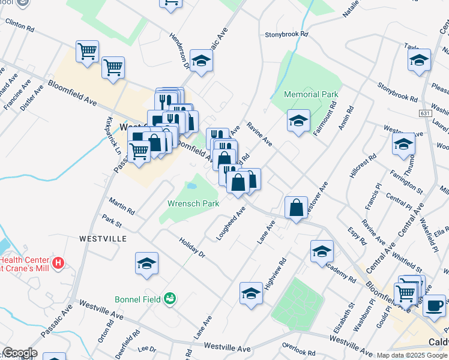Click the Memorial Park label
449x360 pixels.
pyautogui.click(x=312, y=94)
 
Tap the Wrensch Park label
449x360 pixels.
pyautogui.click(x=193, y=203)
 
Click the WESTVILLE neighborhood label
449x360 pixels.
pyautogui.click(x=103, y=238)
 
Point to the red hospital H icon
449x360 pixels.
pyautogui.click(x=58, y=262)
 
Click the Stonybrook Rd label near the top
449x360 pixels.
pyautogui.click(x=286, y=35)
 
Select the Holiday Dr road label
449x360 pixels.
pyautogui.click(x=192, y=247)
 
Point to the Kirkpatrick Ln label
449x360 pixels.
pyautogui.click(x=110, y=137)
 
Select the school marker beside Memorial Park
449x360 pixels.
pyautogui.click(x=298, y=121)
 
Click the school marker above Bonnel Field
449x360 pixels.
pyautogui.click(x=146, y=264)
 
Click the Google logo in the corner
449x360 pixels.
pyautogui.click(x=19, y=353)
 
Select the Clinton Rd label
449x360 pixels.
pyautogui.click(x=20, y=25)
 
